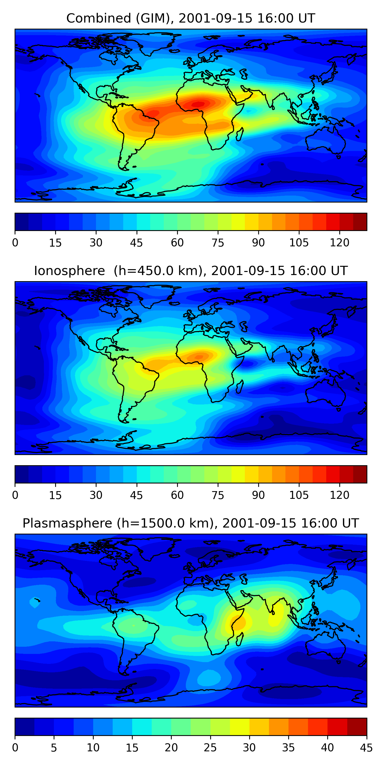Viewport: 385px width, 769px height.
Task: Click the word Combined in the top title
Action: [x=99, y=18]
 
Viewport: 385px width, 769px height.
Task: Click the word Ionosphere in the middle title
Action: [x=69, y=271]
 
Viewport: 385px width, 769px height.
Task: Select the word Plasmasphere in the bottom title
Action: [x=67, y=523]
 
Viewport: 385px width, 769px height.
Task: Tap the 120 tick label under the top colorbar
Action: [x=340, y=243]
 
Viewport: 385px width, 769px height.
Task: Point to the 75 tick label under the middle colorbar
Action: [x=218, y=495]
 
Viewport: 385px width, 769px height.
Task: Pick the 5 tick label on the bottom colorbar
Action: [x=54, y=748]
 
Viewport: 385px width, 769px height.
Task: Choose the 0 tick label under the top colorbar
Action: [x=15, y=243]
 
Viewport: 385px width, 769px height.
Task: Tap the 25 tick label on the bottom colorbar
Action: [x=210, y=748]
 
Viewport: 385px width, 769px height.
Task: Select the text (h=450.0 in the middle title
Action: [x=143, y=271]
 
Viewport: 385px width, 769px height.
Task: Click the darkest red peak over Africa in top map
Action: [x=198, y=104]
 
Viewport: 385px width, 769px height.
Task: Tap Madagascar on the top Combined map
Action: [x=239, y=134]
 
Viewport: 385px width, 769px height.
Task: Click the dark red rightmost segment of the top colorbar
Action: [x=360, y=222]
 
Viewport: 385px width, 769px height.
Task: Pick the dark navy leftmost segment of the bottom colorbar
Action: [x=24, y=727]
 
